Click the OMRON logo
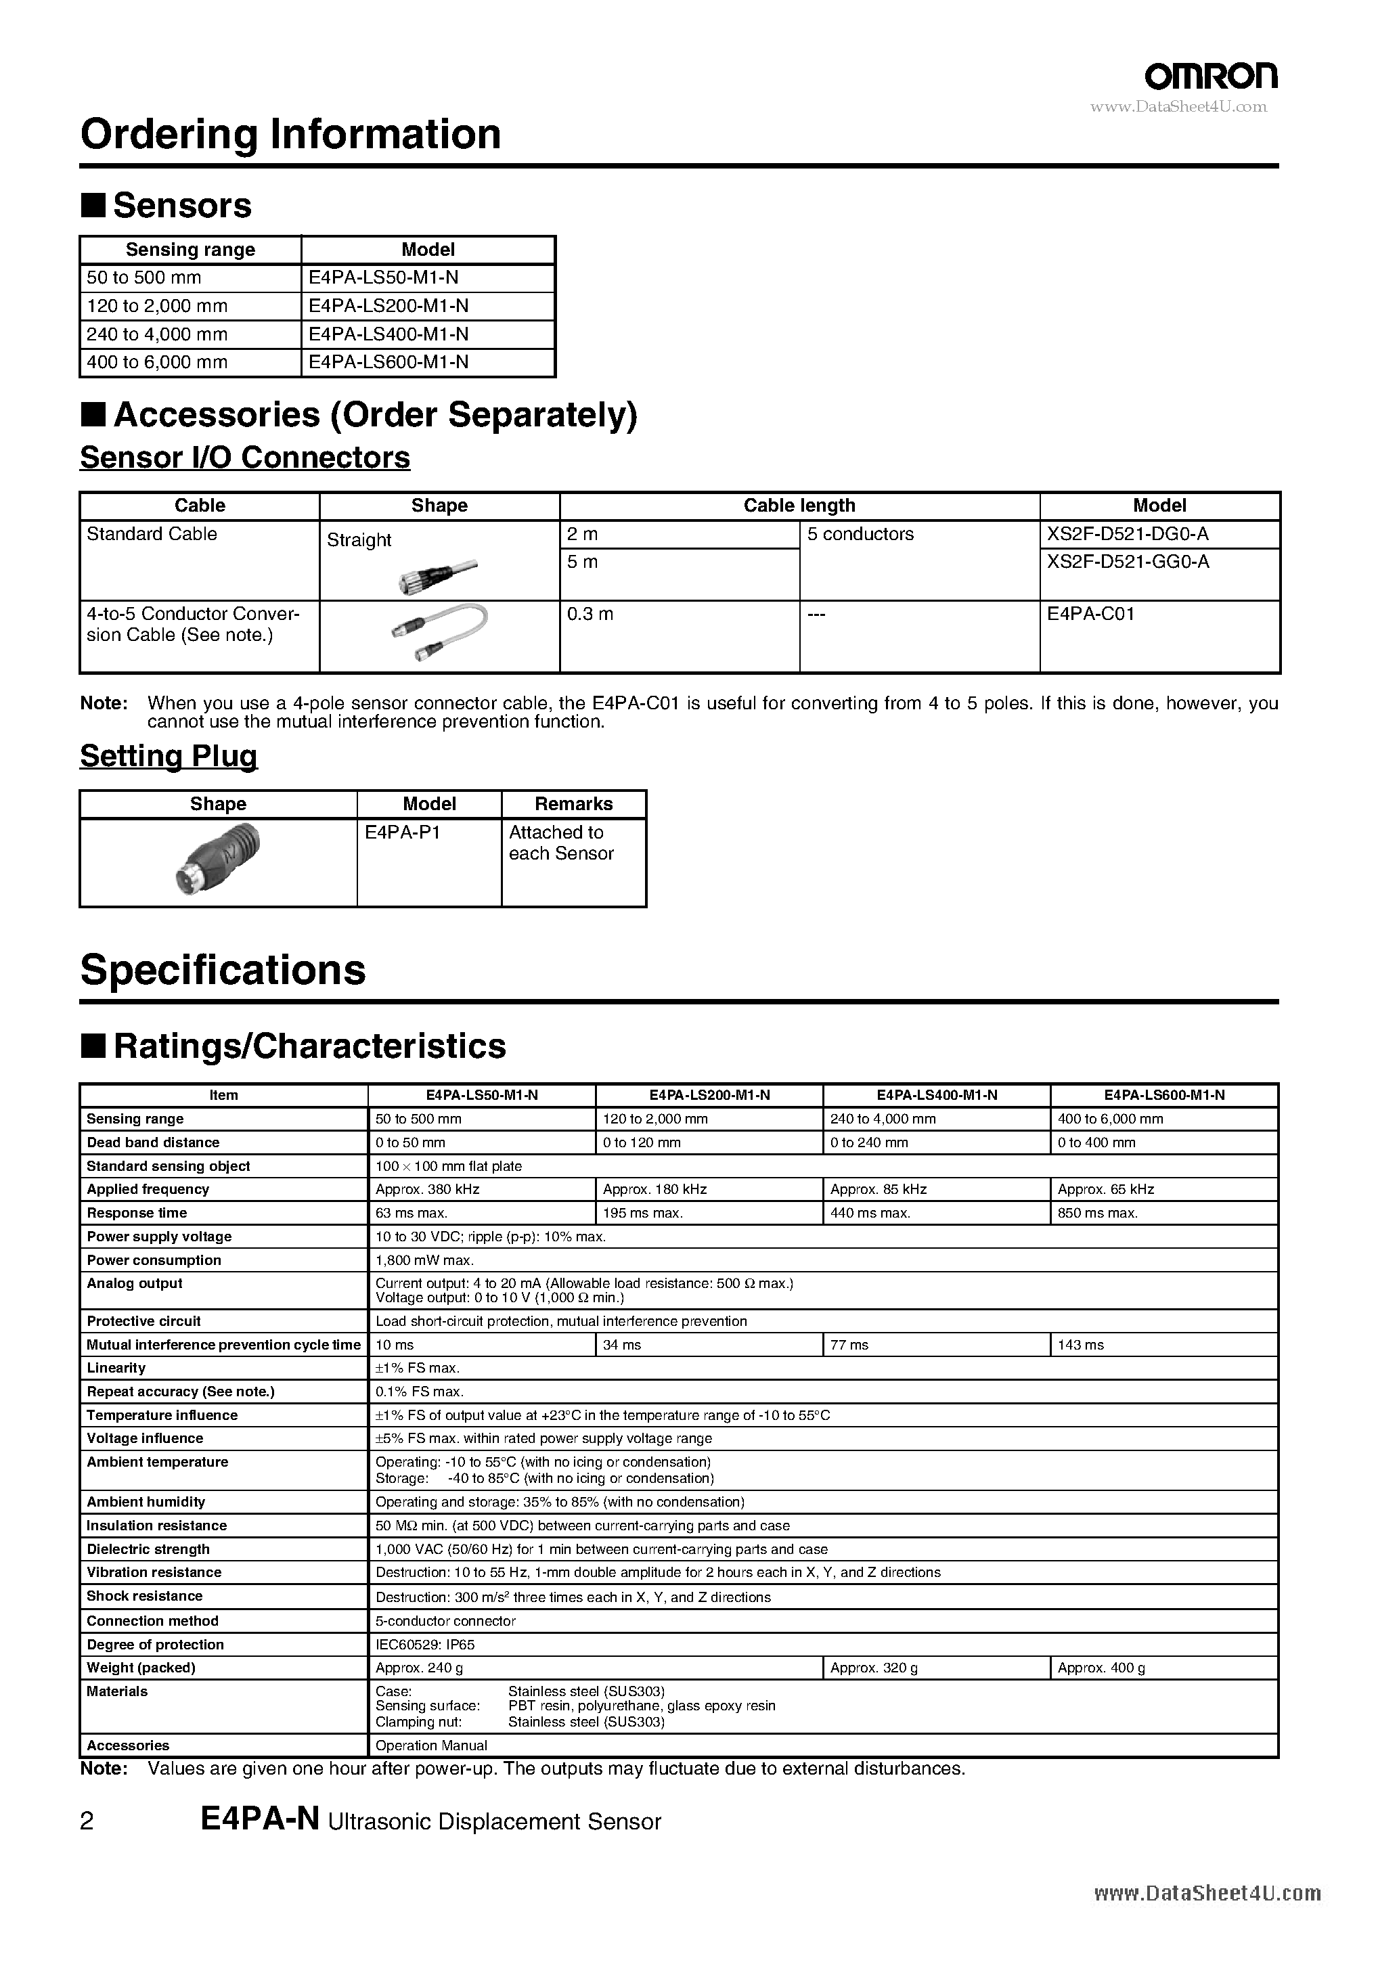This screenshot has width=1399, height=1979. (1210, 76)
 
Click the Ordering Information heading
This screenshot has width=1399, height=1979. (290, 135)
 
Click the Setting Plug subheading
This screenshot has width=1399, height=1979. (169, 756)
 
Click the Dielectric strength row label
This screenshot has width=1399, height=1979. (148, 1549)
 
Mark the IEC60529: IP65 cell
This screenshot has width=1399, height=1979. (425, 1645)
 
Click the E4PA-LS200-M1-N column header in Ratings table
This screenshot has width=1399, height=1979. (709, 1094)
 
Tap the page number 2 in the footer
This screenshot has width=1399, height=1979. (86, 1821)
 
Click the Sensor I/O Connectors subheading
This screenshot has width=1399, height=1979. (245, 457)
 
